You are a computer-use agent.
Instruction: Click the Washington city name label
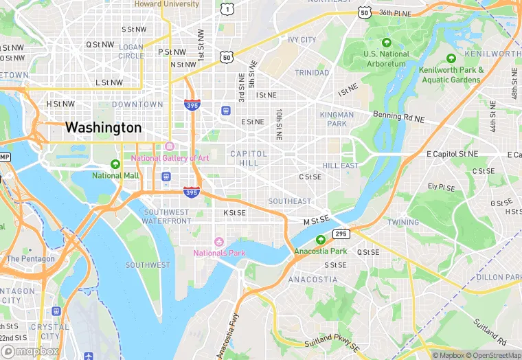103,128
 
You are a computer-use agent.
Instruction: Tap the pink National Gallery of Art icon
170,146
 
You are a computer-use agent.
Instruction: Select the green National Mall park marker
115,164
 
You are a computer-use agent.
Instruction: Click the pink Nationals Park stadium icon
219,241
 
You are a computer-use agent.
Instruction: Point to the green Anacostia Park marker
321,240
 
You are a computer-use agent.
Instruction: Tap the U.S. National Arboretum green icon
387,43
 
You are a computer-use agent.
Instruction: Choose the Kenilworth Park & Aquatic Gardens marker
451,59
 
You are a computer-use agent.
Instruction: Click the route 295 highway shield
341,234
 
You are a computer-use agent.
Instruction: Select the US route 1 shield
226,8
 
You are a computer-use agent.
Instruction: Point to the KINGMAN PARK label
337,119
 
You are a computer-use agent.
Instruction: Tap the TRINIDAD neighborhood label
312,73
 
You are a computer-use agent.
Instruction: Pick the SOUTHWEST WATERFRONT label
167,216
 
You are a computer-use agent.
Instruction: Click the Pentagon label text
30,259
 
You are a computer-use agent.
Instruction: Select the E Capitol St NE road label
462,155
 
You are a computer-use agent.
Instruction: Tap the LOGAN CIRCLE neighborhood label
131,52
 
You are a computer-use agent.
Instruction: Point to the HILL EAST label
341,166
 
